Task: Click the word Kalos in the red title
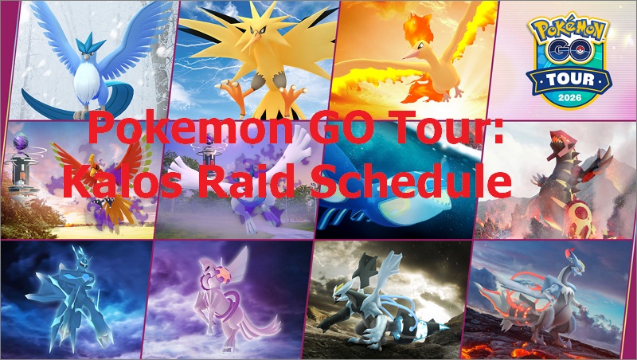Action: [119, 184]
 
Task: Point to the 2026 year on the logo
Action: [566, 96]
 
